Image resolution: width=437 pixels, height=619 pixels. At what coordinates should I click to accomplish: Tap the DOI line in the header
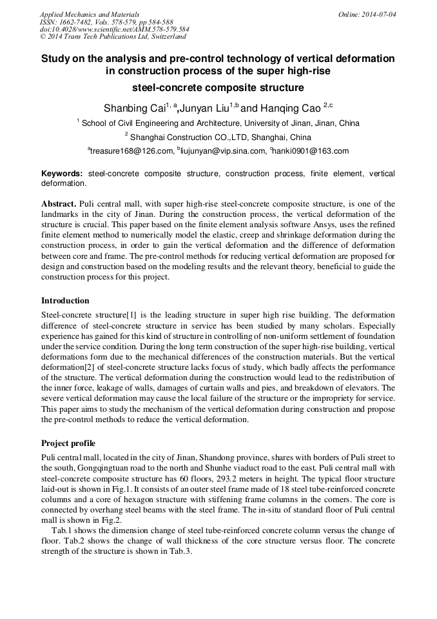click(x=114, y=30)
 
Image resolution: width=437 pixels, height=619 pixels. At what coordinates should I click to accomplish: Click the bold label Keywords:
click(x=62, y=174)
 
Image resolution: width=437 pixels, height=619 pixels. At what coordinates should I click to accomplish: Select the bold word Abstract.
click(x=59, y=204)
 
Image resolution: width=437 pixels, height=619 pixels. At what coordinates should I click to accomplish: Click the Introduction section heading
click(x=65, y=301)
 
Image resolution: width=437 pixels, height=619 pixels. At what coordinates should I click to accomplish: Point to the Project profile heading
click(x=68, y=443)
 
